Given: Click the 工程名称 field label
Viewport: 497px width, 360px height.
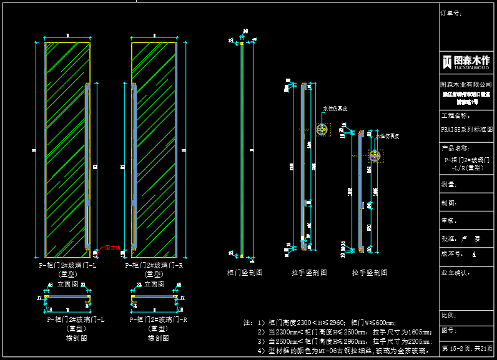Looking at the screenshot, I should [x=454, y=116].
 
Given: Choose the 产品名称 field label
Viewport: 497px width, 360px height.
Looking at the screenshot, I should [x=454, y=148].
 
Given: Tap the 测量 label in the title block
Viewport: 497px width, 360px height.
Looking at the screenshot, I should [x=449, y=185].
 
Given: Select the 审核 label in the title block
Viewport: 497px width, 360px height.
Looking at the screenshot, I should [x=449, y=221].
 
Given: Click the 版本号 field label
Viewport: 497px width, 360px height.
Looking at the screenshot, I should [x=451, y=254].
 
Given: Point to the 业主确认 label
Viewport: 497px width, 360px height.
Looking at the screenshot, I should [x=454, y=273].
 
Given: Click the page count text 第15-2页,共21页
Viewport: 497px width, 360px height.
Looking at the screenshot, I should [x=467, y=348].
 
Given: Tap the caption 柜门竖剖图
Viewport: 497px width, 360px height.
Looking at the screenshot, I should [x=244, y=273].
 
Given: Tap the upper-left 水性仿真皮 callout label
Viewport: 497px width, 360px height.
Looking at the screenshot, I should [x=335, y=109].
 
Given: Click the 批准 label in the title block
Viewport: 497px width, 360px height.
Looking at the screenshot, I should [x=449, y=238].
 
